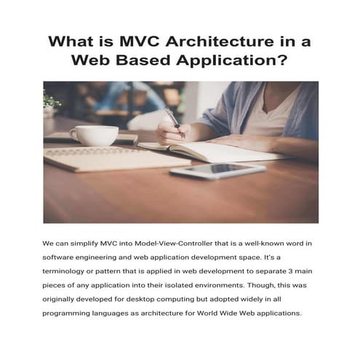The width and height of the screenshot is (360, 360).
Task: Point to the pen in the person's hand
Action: [173, 121]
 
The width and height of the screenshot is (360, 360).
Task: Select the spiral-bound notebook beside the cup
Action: [102, 156]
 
